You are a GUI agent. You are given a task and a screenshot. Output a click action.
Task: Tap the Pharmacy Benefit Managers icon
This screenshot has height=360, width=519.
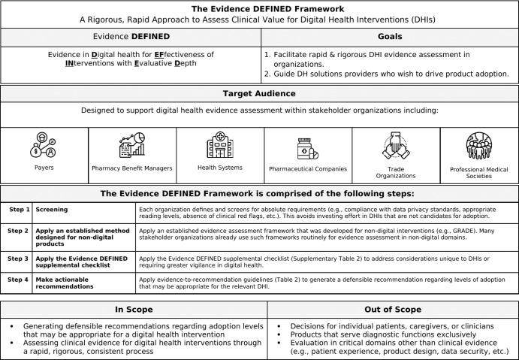pos(131,146)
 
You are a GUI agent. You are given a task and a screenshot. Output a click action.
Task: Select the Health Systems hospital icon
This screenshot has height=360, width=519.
pos(219,144)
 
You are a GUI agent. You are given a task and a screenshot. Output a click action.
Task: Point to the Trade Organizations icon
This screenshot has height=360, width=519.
pos(396,146)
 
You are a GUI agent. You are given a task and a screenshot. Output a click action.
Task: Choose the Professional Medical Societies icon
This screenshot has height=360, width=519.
pos(478,146)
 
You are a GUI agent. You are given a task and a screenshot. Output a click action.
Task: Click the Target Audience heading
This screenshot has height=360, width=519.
pos(259,95)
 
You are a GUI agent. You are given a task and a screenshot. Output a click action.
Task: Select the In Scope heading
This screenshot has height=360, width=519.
pos(134,308)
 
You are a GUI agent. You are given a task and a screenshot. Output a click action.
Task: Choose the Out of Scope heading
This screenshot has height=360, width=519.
pos(392,308)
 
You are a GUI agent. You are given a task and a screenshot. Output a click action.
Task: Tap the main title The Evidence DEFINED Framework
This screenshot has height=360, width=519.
pos(259,8)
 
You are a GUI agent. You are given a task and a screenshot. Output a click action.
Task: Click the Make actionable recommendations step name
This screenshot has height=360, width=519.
pos(67,283)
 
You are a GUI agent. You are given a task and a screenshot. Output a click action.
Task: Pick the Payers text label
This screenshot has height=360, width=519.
pos(44,168)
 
